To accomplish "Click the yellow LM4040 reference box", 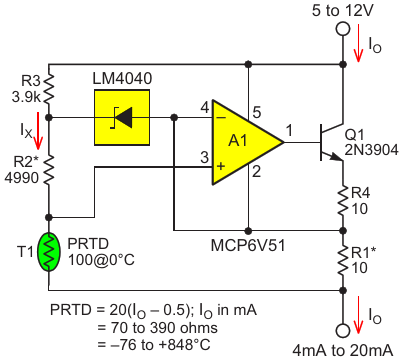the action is pos(122,117).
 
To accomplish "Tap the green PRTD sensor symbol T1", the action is pos(49,252).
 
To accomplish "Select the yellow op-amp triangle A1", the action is pos(247,143).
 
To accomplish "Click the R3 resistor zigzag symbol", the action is pos(49,88).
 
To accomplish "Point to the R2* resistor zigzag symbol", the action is pos(49,170).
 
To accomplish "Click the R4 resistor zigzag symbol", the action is pos(343,201).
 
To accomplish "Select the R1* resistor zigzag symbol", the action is pos(343,260).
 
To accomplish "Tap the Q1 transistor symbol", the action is pos(331,143).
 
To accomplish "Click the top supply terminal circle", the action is pos(343,29).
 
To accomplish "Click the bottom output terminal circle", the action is pos(343,331).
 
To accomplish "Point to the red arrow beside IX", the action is pos(38,131).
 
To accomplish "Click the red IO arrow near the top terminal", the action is pos(358,43).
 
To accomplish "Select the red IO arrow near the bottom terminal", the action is pos(358,315).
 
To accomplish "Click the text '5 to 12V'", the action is pos(343,11).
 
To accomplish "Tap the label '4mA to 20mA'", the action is pos(343,351).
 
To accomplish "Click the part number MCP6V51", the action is pos(248,246).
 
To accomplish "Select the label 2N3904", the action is pos(371,150).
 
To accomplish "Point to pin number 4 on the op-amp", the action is pos(204,108).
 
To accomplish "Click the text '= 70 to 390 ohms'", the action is pos(157,328).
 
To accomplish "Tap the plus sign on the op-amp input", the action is pos(221,166).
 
